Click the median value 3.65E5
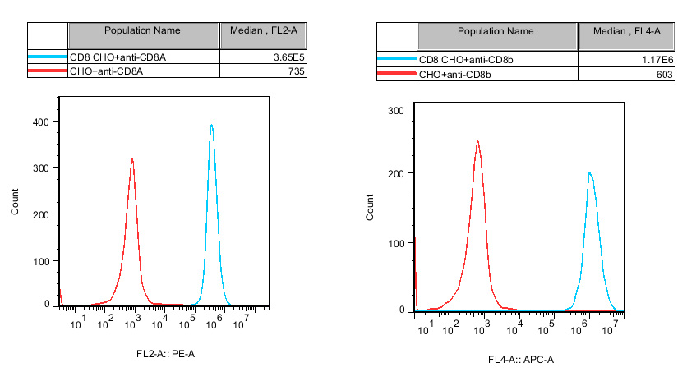point(288,58)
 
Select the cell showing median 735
point(296,72)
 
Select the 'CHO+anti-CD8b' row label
point(455,75)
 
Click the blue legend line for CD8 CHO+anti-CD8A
point(47,58)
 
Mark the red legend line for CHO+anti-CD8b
point(396,75)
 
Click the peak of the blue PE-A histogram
point(211,126)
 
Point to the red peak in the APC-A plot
point(477,141)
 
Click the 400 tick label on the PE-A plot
point(40,122)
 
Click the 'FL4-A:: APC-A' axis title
point(520,360)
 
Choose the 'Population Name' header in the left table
point(142,30)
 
